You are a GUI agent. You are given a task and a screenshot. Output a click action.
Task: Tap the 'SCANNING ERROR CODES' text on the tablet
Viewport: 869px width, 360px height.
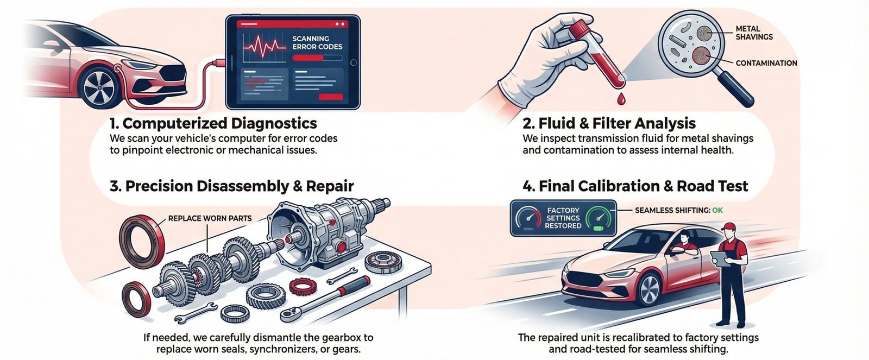pyautogui.click(x=317, y=42)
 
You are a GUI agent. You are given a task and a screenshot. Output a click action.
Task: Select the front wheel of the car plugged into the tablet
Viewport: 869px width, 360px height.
pyautogui.click(x=101, y=86)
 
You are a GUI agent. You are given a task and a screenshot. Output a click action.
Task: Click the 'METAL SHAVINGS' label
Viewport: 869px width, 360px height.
pyautogui.click(x=754, y=33)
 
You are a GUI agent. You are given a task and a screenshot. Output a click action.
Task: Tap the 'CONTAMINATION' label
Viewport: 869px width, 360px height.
pyautogui.click(x=766, y=63)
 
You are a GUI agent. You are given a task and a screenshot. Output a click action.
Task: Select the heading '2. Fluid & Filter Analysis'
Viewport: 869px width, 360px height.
pyautogui.click(x=609, y=123)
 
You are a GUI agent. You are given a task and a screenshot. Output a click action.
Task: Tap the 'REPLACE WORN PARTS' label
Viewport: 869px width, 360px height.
pyautogui.click(x=210, y=218)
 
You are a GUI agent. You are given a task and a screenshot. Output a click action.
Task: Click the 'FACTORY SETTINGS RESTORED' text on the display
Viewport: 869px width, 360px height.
pyautogui.click(x=563, y=218)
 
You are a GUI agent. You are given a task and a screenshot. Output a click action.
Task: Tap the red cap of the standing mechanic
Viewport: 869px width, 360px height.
pyautogui.click(x=731, y=225)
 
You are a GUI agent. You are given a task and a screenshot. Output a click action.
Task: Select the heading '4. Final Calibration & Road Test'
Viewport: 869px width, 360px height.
pyautogui.click(x=635, y=186)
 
